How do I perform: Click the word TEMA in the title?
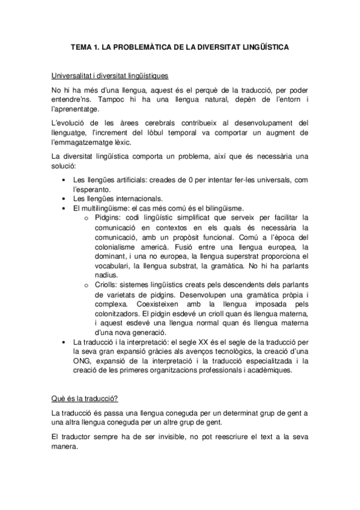81,46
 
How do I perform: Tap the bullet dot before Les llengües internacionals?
64,198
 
